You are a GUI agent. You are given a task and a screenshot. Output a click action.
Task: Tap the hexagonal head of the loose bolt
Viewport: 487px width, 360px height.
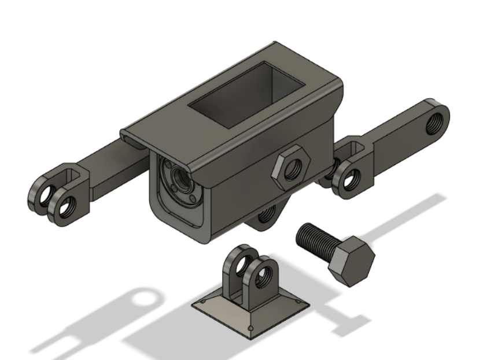tap(351, 261)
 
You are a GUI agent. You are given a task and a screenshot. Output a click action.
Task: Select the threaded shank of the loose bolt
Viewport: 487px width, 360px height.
tap(315, 238)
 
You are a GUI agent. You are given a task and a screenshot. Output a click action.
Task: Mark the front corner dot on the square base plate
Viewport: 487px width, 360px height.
tap(250, 328)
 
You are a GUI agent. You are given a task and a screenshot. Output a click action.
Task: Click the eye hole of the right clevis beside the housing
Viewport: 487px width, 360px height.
tap(349, 180)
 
